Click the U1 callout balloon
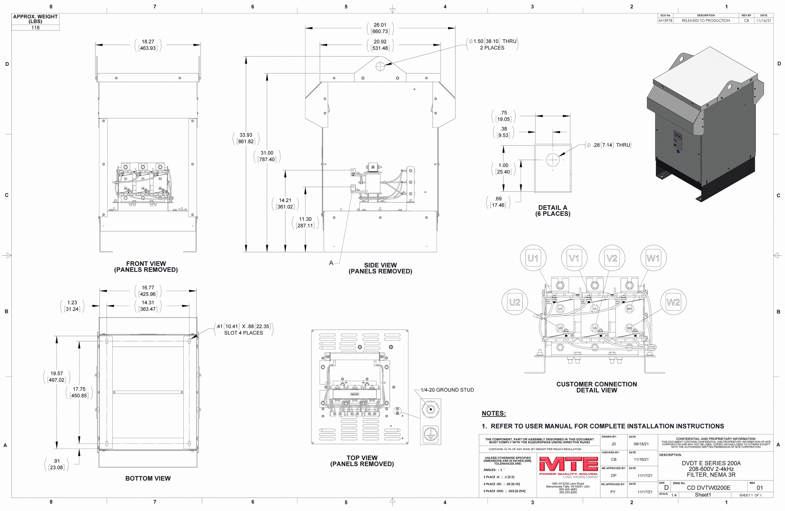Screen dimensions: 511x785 (x=533, y=258)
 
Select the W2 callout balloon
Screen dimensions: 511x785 (x=673, y=302)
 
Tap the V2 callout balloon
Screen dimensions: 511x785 (x=612, y=258)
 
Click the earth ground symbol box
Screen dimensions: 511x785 (x=431, y=434)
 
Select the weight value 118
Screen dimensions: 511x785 (x=35, y=28)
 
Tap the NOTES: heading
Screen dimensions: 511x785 (x=493, y=413)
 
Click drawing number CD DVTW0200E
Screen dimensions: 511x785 (x=708, y=488)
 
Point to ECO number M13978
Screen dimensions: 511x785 (x=665, y=21)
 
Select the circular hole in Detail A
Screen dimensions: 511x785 (x=553, y=160)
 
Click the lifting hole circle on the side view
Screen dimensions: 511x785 (x=380, y=66)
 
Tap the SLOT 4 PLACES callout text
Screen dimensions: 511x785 (x=243, y=333)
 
